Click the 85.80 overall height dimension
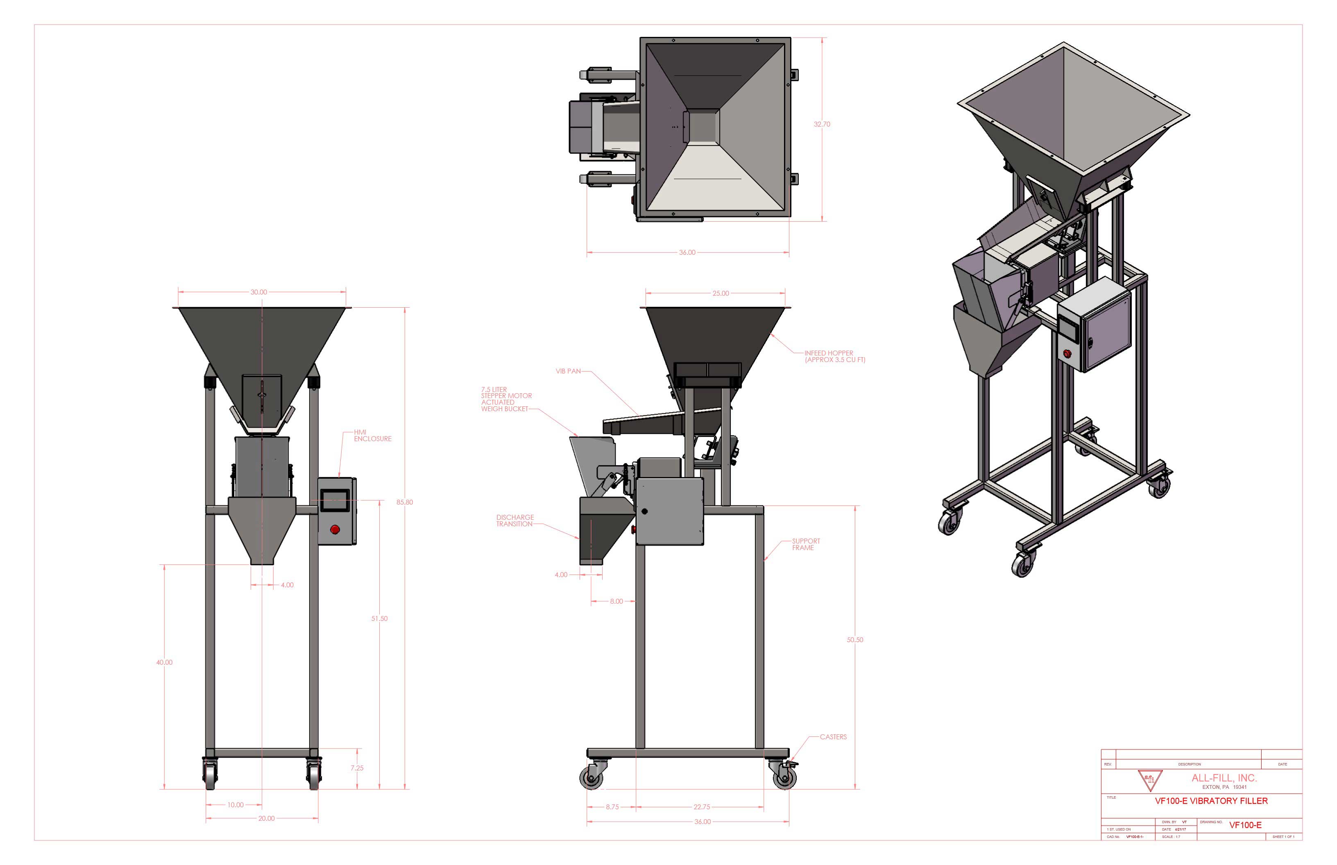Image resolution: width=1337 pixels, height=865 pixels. pos(404,502)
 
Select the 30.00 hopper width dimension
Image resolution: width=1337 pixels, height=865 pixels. pos(258,292)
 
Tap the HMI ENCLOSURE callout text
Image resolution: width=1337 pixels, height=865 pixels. pos(372,435)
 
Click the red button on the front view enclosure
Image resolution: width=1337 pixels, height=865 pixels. pos(335,529)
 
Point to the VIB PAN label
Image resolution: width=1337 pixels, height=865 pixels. pos(568,371)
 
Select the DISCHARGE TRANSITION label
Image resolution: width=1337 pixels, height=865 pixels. pos(514,521)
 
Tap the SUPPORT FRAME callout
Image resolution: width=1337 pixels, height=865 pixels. pos(806,544)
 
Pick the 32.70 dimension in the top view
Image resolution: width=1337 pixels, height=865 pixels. pos(821,124)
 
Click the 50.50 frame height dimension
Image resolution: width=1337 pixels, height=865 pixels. pos(854,640)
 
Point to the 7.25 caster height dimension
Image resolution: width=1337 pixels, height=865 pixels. pos(357,768)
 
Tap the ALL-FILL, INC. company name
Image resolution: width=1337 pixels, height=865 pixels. pos(1224,778)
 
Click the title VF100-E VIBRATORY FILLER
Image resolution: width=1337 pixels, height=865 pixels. pos(1210,801)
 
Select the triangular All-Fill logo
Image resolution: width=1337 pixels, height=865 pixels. pos(1149,780)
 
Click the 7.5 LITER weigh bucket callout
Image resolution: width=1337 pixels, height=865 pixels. pos(505,399)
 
